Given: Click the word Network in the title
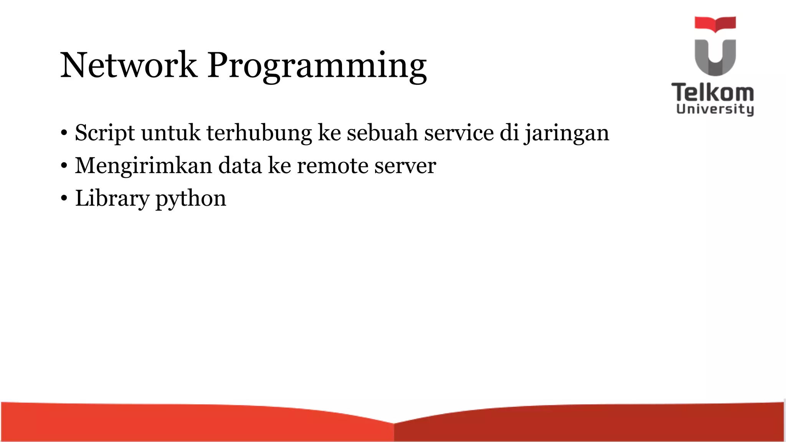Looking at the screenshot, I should click(129, 65).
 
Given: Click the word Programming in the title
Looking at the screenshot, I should click(317, 66).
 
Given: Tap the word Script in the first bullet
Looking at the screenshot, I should click(105, 134).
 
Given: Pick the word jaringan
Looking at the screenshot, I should click(567, 134).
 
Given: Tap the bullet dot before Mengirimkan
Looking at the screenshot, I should click(64, 166).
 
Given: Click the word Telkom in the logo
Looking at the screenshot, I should click(713, 93).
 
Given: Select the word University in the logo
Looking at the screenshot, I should click(715, 109).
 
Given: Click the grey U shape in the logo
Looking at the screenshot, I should click(715, 58).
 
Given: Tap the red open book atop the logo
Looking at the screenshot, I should click(715, 23).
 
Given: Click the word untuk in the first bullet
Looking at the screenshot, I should click(171, 134).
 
